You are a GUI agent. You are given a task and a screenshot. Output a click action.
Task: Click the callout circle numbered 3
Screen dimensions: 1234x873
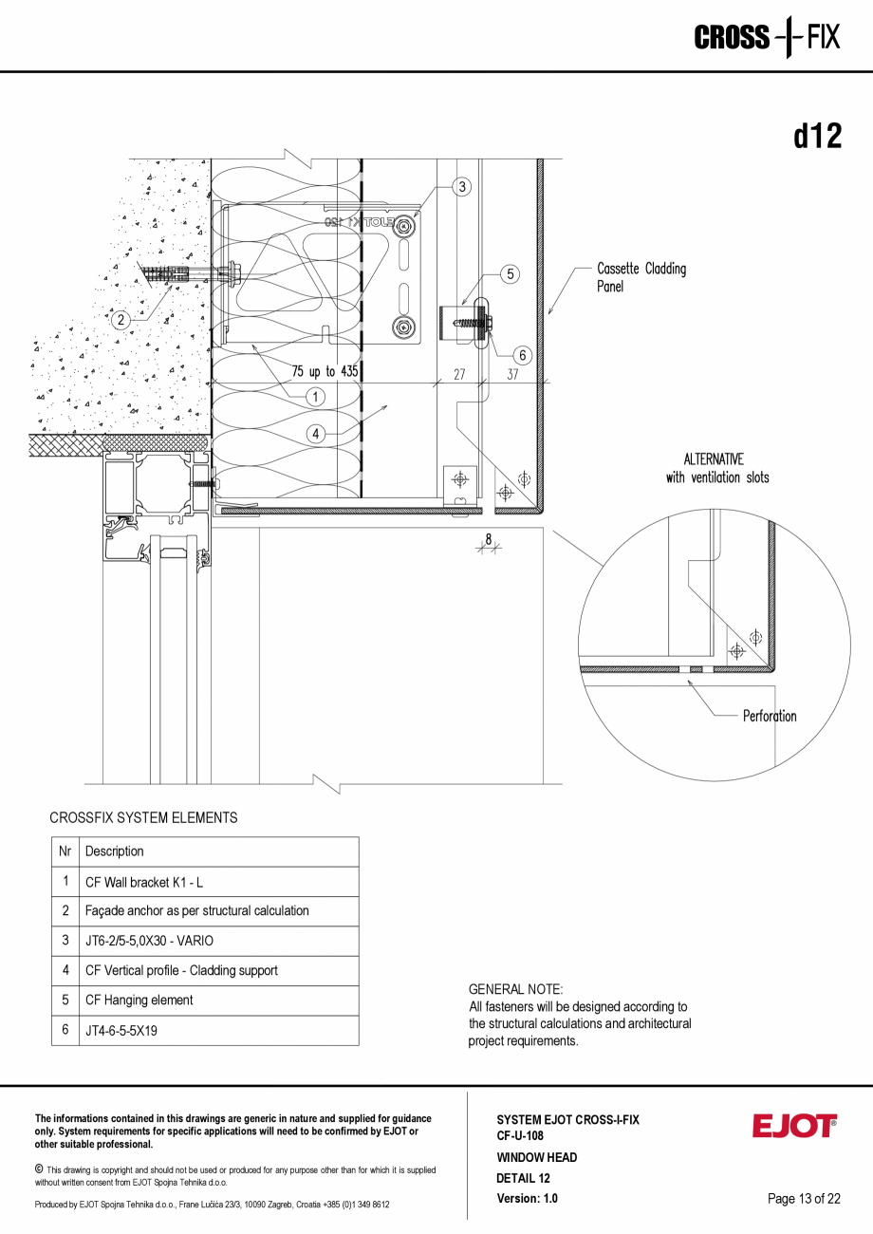(x=462, y=187)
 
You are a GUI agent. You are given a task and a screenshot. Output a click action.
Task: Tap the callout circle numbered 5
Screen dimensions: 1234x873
(x=511, y=274)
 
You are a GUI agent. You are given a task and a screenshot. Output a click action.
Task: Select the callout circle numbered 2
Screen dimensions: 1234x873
(x=121, y=320)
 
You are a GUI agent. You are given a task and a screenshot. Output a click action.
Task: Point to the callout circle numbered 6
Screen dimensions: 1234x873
(x=522, y=355)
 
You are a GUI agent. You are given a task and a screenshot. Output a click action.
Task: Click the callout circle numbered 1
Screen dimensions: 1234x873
(x=316, y=396)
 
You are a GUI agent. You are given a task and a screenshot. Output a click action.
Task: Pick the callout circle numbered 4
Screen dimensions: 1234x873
(x=316, y=434)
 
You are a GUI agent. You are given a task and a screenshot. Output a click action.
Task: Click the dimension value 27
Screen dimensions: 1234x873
(x=459, y=374)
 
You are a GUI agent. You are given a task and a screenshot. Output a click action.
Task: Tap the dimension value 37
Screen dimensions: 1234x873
(x=512, y=374)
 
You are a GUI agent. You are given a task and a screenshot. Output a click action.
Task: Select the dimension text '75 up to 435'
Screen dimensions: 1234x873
(x=325, y=371)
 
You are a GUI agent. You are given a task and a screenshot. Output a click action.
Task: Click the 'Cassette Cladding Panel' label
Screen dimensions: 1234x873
(x=641, y=277)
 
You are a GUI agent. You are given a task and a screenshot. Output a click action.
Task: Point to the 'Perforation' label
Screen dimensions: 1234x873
(x=770, y=716)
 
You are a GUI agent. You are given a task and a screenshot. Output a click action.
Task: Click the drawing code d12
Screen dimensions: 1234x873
(x=817, y=137)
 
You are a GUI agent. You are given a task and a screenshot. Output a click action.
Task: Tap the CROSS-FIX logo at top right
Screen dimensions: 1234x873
(x=767, y=38)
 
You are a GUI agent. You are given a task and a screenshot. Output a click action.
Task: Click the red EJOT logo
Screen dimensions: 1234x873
(x=794, y=1126)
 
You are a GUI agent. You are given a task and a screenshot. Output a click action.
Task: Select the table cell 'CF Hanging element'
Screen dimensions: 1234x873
(x=139, y=1000)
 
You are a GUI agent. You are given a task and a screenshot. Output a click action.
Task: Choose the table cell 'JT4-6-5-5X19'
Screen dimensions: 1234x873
(x=121, y=1030)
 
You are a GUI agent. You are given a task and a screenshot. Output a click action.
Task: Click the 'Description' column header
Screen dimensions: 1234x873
(x=115, y=851)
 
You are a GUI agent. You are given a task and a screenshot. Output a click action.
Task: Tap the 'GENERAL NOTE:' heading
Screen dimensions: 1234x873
(x=515, y=989)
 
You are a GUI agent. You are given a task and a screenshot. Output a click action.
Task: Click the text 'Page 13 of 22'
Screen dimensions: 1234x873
(x=804, y=1199)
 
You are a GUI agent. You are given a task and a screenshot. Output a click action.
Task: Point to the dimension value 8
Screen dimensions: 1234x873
(x=489, y=540)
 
